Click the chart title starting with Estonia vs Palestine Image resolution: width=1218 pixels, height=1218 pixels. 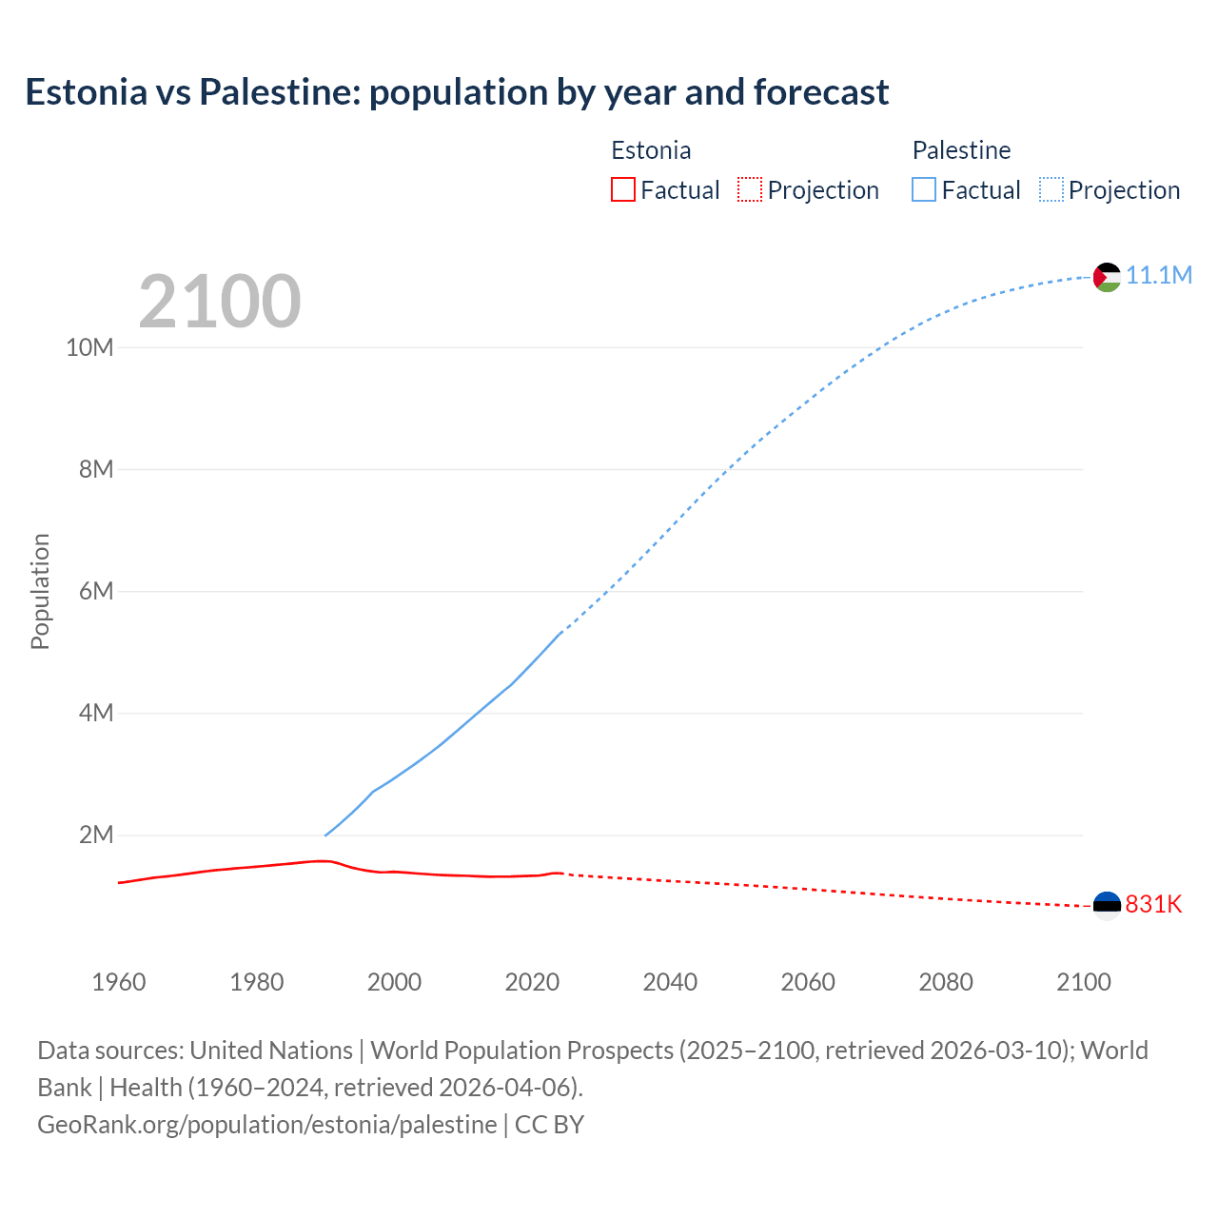pyautogui.click(x=457, y=92)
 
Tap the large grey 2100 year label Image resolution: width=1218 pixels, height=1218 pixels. pyautogui.click(x=220, y=302)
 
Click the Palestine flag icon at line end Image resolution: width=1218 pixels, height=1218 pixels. pyautogui.click(x=1107, y=277)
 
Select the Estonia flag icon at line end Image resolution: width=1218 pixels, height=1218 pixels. pyautogui.click(x=1107, y=905)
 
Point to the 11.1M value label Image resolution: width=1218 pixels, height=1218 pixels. pyautogui.click(x=1159, y=276)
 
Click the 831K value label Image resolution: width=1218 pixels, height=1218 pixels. pyautogui.click(x=1153, y=905)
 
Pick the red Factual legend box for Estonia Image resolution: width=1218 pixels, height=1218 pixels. pyautogui.click(x=623, y=189)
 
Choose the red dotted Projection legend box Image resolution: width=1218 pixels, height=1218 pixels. pyautogui.click(x=750, y=189)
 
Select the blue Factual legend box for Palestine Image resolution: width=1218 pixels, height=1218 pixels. pyautogui.click(x=924, y=189)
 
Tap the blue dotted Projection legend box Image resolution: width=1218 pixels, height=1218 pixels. pyautogui.click(x=1051, y=189)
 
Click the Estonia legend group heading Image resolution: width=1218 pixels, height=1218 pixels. pyautogui.click(x=651, y=150)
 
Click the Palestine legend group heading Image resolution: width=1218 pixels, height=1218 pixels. pyautogui.click(x=961, y=150)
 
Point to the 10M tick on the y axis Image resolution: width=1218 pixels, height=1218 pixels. pyautogui.click(x=89, y=347)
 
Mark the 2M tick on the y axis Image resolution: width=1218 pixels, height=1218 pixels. pyautogui.click(x=96, y=835)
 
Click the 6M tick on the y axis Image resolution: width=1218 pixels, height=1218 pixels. pyautogui.click(x=96, y=592)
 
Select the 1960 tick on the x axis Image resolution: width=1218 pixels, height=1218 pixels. pyautogui.click(x=119, y=982)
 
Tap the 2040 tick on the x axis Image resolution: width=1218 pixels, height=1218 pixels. pyautogui.click(x=670, y=982)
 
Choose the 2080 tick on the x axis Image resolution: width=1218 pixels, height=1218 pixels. pyautogui.click(x=946, y=982)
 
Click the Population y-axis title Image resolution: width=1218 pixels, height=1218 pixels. pyautogui.click(x=40, y=591)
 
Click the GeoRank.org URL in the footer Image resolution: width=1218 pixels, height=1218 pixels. pyautogui.click(x=266, y=1125)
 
